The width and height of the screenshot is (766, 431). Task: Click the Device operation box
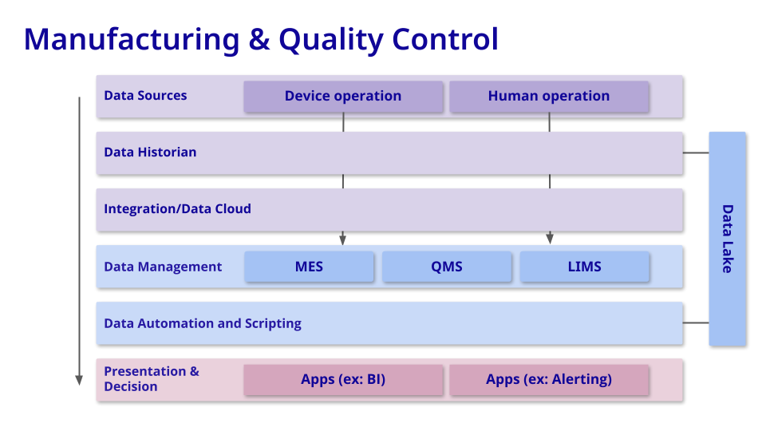point(343,96)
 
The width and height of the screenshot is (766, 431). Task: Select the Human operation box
point(549,96)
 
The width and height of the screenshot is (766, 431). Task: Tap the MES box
point(309,267)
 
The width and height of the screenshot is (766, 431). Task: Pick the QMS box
point(447,267)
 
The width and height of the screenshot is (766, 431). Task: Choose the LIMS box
point(584,267)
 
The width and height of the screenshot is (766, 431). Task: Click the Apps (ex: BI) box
point(343,379)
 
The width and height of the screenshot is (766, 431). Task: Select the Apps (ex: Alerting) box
point(549,379)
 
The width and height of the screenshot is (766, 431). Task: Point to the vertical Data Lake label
point(727,239)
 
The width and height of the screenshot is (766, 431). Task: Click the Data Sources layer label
point(145,96)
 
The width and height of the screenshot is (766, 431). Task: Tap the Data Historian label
point(150,152)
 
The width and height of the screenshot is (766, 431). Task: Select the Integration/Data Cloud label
point(177,209)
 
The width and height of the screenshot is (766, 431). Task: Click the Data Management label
point(163,267)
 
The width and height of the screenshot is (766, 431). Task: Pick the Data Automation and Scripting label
point(203,323)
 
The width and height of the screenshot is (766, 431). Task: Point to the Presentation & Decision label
point(152,379)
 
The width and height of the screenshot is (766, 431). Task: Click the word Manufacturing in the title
point(132,38)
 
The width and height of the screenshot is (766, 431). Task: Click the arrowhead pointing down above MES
point(343,239)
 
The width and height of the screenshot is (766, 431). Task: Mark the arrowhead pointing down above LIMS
point(549,239)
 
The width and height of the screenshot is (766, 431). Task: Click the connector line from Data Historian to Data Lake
point(696,152)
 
